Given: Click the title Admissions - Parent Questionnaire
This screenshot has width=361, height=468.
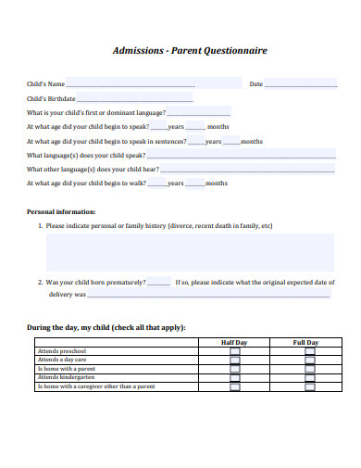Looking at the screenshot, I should coord(189,51).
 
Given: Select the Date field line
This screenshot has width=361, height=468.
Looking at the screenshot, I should coord(302,85).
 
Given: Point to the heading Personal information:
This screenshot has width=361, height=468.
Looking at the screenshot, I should coord(61,212).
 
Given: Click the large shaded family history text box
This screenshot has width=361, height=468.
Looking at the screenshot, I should coord(190,252).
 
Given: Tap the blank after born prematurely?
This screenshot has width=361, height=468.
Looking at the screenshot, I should coord(159,283).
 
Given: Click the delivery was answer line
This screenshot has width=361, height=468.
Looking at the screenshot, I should coord(208,297).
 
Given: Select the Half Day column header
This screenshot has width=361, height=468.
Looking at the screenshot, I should coord(234,343).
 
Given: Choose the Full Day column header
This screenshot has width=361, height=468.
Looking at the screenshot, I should coord(305,343).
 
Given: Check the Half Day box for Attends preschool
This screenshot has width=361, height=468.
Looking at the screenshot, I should coord(234,352).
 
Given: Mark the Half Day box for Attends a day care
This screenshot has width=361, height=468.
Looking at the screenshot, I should coord(234,360).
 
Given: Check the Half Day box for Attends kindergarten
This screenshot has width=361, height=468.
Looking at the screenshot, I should coord(234,378).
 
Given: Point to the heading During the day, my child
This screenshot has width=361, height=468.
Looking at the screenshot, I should coord(106,327).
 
